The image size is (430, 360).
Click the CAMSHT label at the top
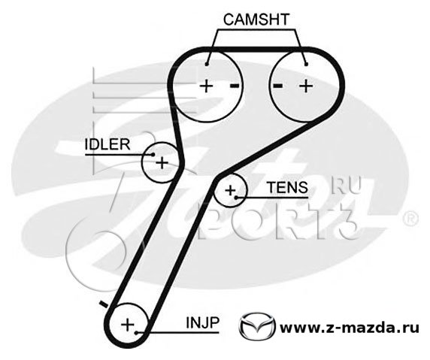point(256,20)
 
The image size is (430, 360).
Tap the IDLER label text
point(107,144)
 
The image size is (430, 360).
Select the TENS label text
point(287,187)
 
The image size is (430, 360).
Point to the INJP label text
point(203,322)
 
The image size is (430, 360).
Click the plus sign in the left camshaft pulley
point(207,86)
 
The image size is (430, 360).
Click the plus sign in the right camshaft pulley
point(306,86)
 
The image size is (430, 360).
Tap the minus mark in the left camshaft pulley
point(235,86)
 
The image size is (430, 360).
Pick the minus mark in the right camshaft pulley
point(278,86)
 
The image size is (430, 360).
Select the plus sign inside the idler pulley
point(162,162)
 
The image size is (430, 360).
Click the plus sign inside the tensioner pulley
point(230,190)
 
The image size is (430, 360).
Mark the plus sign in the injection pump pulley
point(128,325)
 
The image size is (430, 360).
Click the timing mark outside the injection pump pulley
point(104,304)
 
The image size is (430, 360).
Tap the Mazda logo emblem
point(257,326)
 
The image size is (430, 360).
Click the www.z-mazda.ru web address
point(349,328)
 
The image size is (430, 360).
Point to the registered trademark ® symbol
point(410,219)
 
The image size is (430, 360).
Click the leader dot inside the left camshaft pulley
point(207,65)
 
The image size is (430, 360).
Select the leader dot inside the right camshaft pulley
point(306,65)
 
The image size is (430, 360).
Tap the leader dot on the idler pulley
point(153,155)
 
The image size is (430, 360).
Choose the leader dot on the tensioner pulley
point(236,197)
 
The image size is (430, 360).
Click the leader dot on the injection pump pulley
point(136,333)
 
